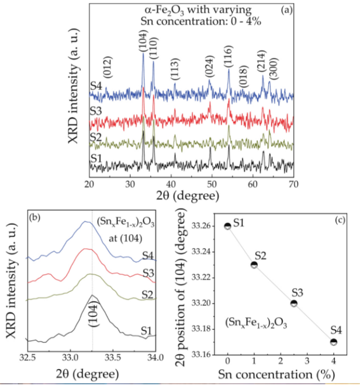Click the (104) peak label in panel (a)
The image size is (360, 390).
(x=143, y=46)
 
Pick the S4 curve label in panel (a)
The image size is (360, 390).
(x=96, y=87)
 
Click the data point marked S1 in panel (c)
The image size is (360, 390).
(x=228, y=226)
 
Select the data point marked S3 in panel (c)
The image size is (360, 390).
(x=293, y=303)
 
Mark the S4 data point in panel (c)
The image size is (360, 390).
(x=333, y=342)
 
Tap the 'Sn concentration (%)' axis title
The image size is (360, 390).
(x=281, y=373)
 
